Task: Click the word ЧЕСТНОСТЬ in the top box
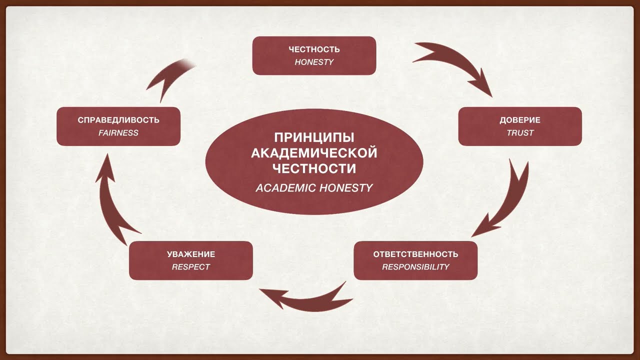[314, 49]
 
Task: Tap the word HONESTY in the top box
[314, 62]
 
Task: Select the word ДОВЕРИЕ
[520, 120]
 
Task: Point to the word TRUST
[520, 133]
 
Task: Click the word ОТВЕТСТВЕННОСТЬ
[415, 254]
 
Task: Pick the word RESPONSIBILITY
[415, 267]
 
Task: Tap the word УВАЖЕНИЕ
[191, 254]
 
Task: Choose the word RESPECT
[191, 267]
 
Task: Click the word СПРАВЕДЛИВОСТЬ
[118, 120]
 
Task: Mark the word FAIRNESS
[118, 133]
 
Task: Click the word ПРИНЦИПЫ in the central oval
[314, 137]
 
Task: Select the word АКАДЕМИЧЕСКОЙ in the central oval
[314, 152]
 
